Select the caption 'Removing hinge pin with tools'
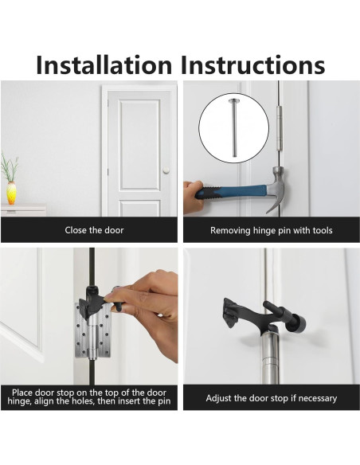[x=271, y=230]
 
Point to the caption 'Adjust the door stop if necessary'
[x=271, y=398]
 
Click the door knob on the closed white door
[x=166, y=169]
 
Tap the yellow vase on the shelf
[x=11, y=193]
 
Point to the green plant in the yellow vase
[x=10, y=168]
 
